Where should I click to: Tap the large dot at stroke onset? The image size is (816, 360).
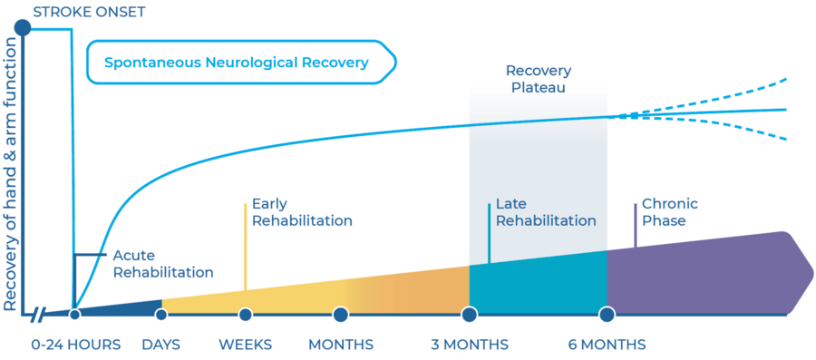[x=24, y=29]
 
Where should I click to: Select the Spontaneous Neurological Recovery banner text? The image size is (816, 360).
[x=236, y=63]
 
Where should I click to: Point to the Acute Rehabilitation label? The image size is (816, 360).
[x=162, y=263]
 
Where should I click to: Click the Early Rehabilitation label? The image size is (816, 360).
[x=302, y=212]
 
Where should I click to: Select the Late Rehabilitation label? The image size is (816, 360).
[x=546, y=212]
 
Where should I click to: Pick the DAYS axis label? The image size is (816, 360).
[x=162, y=345]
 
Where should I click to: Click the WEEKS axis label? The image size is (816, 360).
[x=246, y=345]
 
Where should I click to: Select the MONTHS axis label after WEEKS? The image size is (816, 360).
[x=341, y=345]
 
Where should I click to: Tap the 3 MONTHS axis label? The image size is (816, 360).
[x=470, y=345]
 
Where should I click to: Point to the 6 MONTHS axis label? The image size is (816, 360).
[x=607, y=345]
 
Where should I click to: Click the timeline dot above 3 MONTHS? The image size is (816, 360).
[x=470, y=315]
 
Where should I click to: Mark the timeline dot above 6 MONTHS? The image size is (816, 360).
[x=607, y=315]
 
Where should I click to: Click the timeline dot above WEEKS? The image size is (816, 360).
[x=246, y=315]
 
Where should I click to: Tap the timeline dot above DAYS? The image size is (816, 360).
[x=161, y=315]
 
